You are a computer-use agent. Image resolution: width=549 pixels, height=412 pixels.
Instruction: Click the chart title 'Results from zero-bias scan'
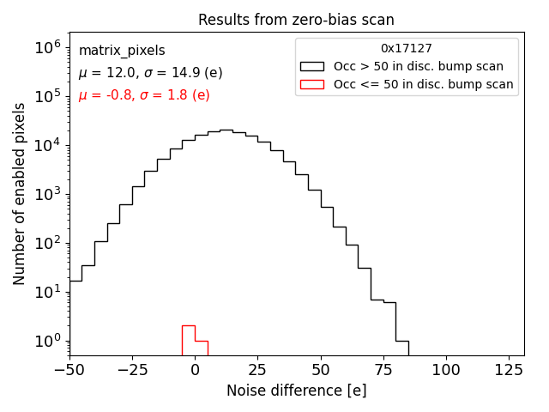pyautogui.click(x=296, y=20)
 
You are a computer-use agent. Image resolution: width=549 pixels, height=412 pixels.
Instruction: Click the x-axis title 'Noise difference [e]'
pyautogui.click(x=296, y=391)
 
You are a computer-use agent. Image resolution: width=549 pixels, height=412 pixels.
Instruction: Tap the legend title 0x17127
pyautogui.click(x=407, y=49)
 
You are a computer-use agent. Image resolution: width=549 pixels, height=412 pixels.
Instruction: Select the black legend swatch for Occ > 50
pyautogui.click(x=311, y=66)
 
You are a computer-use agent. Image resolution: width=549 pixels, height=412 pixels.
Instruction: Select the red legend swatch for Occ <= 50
pyautogui.click(x=311, y=84)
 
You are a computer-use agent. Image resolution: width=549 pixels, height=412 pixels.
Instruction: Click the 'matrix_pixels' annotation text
pyautogui.click(x=122, y=51)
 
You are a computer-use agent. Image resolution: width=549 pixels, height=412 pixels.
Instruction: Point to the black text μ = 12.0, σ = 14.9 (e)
pyautogui.click(x=150, y=73)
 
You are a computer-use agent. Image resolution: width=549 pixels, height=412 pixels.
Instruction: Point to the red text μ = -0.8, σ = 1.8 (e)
pyautogui.click(x=144, y=95)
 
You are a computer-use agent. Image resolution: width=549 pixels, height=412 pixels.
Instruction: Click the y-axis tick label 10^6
pyautogui.click(x=46, y=47)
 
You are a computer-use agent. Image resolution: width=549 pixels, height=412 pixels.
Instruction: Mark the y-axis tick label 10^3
pyautogui.click(x=46, y=194)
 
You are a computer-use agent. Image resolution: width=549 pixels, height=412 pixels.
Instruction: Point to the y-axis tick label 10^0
pyautogui.click(x=46, y=342)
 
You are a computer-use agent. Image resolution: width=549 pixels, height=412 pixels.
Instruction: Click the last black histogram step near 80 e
pyautogui.click(x=402, y=341)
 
